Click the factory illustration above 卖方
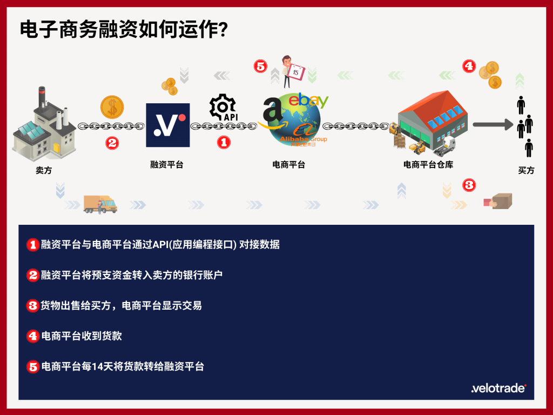coord(44,124)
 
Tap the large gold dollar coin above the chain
coord(112,107)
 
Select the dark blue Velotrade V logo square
coord(168,125)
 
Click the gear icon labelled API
coord(223,108)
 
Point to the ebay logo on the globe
coord(308,100)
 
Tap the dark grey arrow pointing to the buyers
coord(493,124)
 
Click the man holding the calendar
coord(292,72)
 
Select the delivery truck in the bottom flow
coord(100,204)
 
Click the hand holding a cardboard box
coord(497,201)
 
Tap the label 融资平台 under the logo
coord(167,164)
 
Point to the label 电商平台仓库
coord(428,164)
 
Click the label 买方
coord(526,170)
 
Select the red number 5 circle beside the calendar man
coord(261,66)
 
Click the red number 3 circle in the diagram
coord(469,185)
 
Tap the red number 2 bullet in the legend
coord(33,275)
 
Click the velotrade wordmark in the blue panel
coord(498,388)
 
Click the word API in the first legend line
coord(160,244)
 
